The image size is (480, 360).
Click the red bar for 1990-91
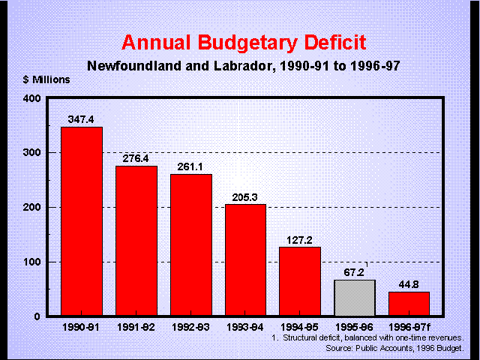(x=81, y=221)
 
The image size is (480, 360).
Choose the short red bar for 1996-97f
(x=409, y=304)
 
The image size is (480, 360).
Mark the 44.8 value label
(x=409, y=284)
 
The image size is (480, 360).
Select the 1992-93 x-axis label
(x=190, y=328)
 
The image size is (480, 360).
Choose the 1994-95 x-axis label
(x=300, y=328)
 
